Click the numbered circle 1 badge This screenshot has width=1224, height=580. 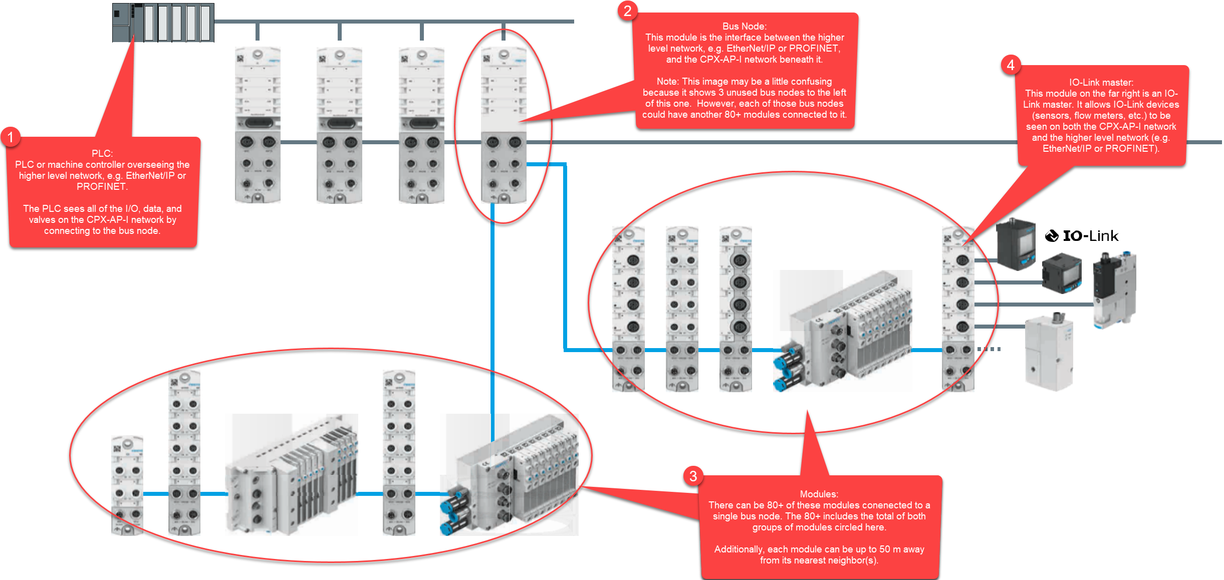pos(10,137)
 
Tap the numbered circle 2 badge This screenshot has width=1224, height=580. pos(627,11)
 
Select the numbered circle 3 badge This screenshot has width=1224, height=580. pos(693,476)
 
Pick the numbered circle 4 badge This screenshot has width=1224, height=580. pos(1010,65)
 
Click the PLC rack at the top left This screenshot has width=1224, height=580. pos(163,23)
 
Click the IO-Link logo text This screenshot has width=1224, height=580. pos(1082,235)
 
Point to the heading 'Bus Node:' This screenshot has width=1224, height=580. pos(744,26)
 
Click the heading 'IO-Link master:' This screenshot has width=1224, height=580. pos(1101,82)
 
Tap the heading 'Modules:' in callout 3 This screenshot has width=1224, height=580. pos(819,494)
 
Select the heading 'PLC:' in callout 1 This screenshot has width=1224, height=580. pos(102,153)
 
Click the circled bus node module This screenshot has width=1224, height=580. pos(504,125)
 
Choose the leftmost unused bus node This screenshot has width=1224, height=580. pos(258,125)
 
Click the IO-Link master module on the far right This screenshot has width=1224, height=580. pos(958,308)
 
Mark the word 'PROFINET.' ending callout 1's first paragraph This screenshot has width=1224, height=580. pos(102,186)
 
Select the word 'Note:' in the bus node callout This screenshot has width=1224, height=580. pos(667,81)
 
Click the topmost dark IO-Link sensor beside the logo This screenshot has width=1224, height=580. pos(1016,244)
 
